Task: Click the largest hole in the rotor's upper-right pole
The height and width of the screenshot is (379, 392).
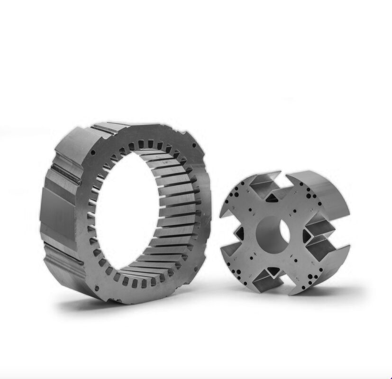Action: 309,194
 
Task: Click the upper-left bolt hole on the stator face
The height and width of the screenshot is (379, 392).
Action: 94,153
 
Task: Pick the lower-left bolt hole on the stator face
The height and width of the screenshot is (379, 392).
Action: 96,287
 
